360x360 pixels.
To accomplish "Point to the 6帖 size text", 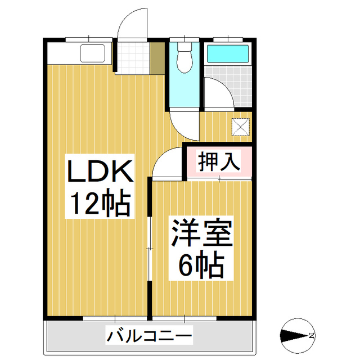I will [x=202, y=265].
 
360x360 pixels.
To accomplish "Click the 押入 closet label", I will [x=219, y=162].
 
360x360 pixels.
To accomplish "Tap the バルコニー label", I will [x=150, y=337].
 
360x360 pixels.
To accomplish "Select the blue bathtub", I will [x=228, y=54].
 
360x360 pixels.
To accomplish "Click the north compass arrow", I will [x=292, y=336].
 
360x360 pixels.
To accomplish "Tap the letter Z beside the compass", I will [x=310, y=336].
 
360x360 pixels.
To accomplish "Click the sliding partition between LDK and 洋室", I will [x=150, y=247].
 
